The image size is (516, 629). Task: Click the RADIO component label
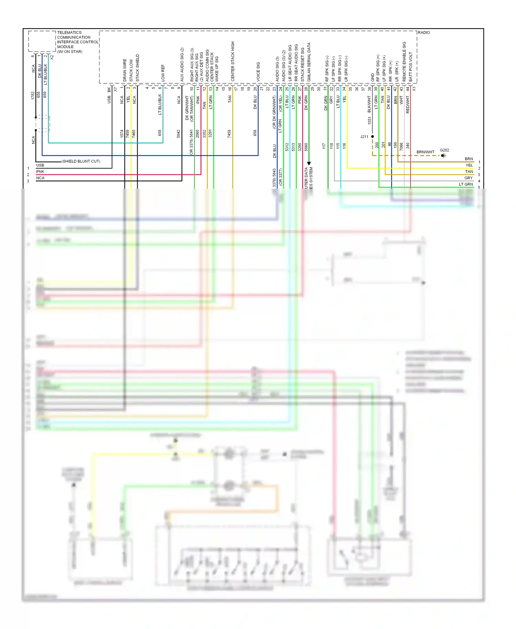tap(424, 32)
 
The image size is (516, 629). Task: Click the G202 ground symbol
tap(443, 156)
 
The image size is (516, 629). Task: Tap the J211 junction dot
tap(373, 137)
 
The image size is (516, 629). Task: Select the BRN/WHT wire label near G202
tap(425, 152)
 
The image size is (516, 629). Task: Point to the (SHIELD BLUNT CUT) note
tap(81, 161)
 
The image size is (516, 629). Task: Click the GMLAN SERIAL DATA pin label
tap(309, 62)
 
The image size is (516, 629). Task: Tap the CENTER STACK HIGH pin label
tap(233, 61)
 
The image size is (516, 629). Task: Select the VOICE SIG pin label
tap(258, 72)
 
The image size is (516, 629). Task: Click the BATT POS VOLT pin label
tap(411, 67)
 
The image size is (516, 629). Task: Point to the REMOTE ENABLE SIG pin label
tap(405, 62)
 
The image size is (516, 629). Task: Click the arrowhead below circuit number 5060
tap(309, 163)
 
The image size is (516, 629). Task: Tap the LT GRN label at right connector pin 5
tap(466, 184)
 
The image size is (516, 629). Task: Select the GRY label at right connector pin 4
tap(468, 178)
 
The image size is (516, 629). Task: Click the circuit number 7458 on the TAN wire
tap(229, 134)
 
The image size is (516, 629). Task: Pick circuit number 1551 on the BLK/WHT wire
tap(369, 120)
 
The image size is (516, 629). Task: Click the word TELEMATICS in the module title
tap(69, 32)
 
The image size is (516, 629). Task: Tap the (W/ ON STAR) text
tap(69, 52)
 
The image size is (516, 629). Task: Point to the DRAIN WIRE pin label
tap(125, 70)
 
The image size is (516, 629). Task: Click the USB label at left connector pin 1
tap(40, 165)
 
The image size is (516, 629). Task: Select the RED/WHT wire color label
tap(408, 105)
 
